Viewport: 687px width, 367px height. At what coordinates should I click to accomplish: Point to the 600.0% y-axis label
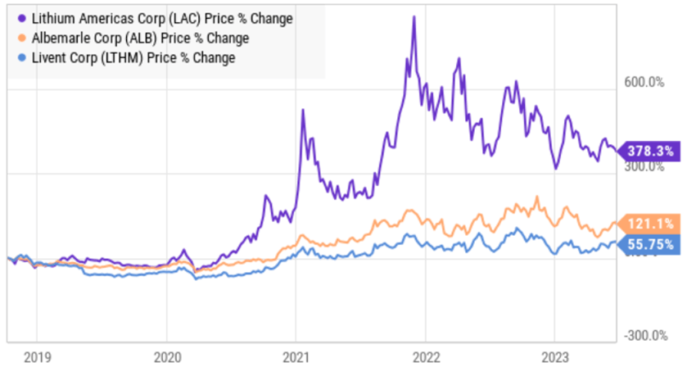[x=642, y=81]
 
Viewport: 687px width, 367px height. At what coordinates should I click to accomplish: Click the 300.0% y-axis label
[x=642, y=166]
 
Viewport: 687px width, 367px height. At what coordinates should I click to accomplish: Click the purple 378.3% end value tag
[x=649, y=151]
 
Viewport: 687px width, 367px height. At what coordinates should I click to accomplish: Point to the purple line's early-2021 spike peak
[x=303, y=109]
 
